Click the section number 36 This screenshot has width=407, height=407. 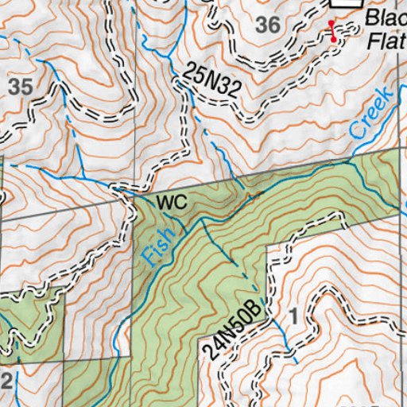click(x=269, y=25)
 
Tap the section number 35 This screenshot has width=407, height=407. click(x=19, y=87)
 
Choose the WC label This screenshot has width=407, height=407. click(x=171, y=203)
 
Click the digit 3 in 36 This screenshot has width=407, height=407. click(x=264, y=25)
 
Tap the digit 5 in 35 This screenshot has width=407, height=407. click(x=25, y=87)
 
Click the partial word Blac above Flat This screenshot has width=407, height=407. click(x=386, y=20)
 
